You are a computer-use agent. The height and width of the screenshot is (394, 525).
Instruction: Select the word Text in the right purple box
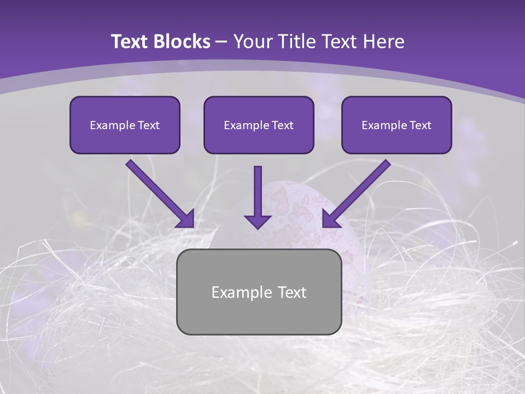420,125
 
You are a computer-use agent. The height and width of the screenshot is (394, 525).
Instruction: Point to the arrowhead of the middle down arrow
258,221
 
